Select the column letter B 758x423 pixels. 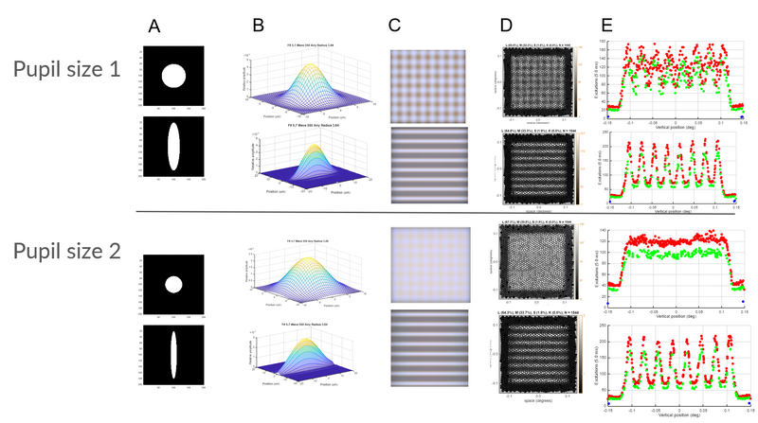(x=258, y=26)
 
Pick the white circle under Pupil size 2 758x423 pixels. (x=172, y=284)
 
